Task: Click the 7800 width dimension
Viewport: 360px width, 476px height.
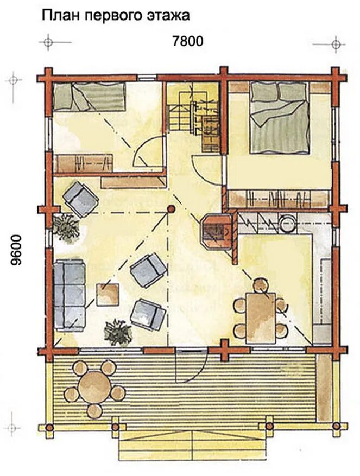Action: tap(187, 41)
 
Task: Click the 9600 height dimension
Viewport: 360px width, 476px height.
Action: tap(16, 250)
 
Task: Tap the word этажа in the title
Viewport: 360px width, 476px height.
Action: tap(169, 15)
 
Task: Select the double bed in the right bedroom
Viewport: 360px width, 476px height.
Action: tap(279, 117)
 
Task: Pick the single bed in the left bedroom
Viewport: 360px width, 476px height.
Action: tap(89, 97)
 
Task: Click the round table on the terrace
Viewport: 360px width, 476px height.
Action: tap(94, 386)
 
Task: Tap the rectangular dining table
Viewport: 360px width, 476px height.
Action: tap(261, 318)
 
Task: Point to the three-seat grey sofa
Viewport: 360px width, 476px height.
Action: tap(70, 295)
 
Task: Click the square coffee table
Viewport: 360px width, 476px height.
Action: tap(108, 295)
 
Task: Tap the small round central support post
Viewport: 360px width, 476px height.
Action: tap(171, 209)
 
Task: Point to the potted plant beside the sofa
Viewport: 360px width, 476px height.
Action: tap(118, 332)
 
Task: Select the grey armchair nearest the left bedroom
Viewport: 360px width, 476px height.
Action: tap(80, 199)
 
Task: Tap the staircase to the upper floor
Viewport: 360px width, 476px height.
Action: tap(193, 117)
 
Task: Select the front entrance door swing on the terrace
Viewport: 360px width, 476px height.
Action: tap(191, 365)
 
